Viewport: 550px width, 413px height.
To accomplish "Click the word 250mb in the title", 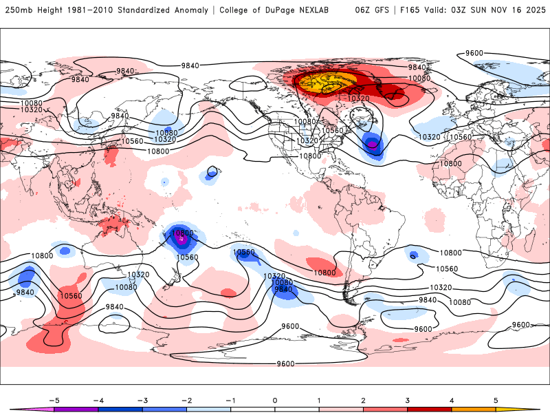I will (19, 10).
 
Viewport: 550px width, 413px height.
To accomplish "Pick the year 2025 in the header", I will (533, 10).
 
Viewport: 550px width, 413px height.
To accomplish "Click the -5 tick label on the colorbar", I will (53, 399).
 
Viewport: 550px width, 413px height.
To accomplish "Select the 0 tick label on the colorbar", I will (275, 399).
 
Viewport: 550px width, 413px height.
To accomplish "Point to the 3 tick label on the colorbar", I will (408, 399).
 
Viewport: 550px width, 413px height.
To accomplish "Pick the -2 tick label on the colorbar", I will (186, 399).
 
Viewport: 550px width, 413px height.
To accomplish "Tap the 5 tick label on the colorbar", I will (496, 399).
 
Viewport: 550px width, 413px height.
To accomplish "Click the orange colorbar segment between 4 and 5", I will (474, 409).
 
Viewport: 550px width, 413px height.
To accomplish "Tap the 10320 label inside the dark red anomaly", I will (359, 98).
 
